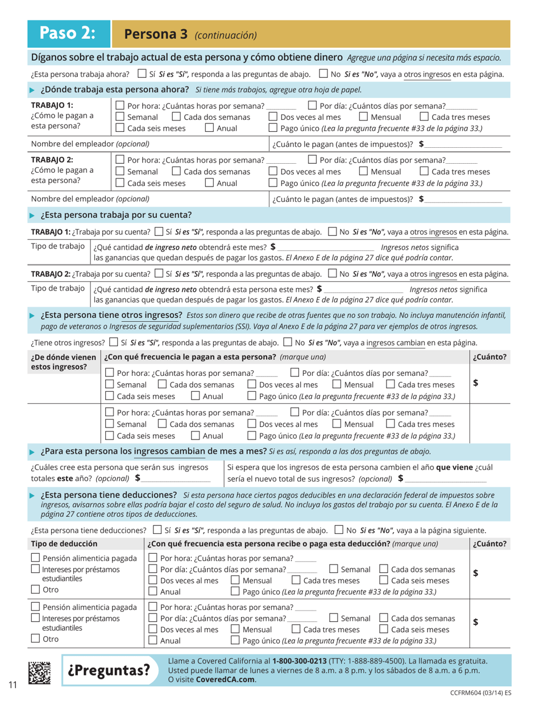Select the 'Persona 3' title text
point(156,34)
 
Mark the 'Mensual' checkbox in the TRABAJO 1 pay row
point(364,117)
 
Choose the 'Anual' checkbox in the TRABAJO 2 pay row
point(208,183)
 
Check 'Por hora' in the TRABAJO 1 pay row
point(120,106)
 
